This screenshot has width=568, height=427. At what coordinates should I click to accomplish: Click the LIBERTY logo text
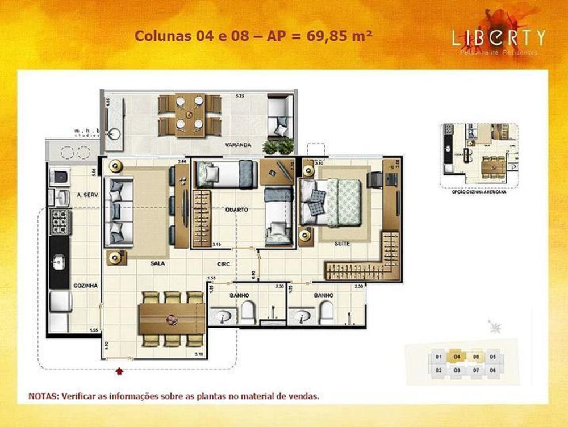click(x=498, y=37)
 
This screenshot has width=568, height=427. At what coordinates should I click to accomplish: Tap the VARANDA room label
click(x=237, y=145)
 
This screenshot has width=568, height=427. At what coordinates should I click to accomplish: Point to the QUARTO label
click(x=236, y=210)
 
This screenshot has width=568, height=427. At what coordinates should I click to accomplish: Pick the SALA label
click(x=158, y=263)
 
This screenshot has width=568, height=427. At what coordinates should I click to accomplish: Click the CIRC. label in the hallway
click(x=222, y=263)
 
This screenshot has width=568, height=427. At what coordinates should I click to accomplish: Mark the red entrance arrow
click(x=119, y=372)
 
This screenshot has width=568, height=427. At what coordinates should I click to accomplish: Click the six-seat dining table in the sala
click(x=172, y=319)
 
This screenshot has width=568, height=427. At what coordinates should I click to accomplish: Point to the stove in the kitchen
click(x=60, y=222)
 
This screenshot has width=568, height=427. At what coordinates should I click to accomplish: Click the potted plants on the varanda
click(x=278, y=146)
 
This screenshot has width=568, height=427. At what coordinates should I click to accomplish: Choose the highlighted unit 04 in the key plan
click(x=457, y=357)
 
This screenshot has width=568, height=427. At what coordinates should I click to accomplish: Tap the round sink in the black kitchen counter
click(x=58, y=262)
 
